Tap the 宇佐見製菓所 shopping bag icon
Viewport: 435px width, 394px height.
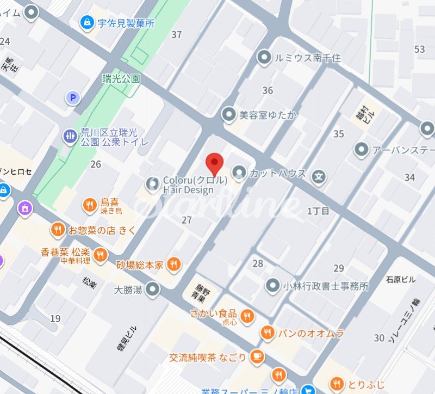(86, 22)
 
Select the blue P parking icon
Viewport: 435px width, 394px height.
(72, 98)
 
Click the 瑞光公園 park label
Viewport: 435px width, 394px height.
(121, 79)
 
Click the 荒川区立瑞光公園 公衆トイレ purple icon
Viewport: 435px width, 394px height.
(70, 136)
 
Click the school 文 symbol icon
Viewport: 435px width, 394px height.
(320, 177)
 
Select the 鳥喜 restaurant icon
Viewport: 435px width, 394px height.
(89, 205)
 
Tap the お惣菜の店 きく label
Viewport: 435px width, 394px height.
(102, 230)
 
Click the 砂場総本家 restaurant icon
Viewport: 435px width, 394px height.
(173, 264)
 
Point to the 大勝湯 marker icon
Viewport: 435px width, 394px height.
(154, 289)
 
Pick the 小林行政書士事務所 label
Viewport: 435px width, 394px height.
(325, 286)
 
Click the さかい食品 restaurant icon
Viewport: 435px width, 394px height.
(247, 316)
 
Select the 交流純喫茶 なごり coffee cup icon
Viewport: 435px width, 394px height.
(257, 357)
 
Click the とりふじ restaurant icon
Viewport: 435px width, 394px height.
(337, 383)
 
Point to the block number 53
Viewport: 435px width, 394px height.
(419, 50)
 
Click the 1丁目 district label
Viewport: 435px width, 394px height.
(319, 211)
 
